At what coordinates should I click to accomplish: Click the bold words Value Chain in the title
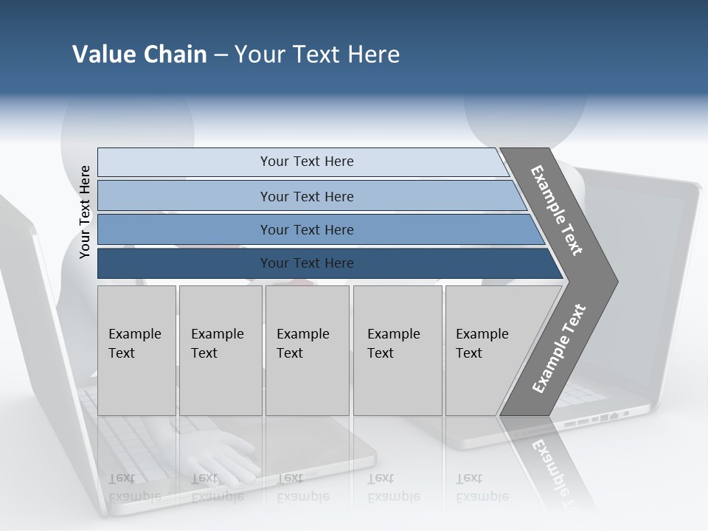click(139, 55)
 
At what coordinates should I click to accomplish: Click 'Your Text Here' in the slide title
click(317, 55)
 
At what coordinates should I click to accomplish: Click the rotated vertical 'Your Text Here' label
click(85, 212)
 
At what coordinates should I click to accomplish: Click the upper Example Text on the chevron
click(556, 210)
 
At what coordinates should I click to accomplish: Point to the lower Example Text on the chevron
click(558, 349)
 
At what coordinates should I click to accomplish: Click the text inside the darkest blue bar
click(307, 263)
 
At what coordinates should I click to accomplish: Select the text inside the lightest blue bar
click(307, 162)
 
